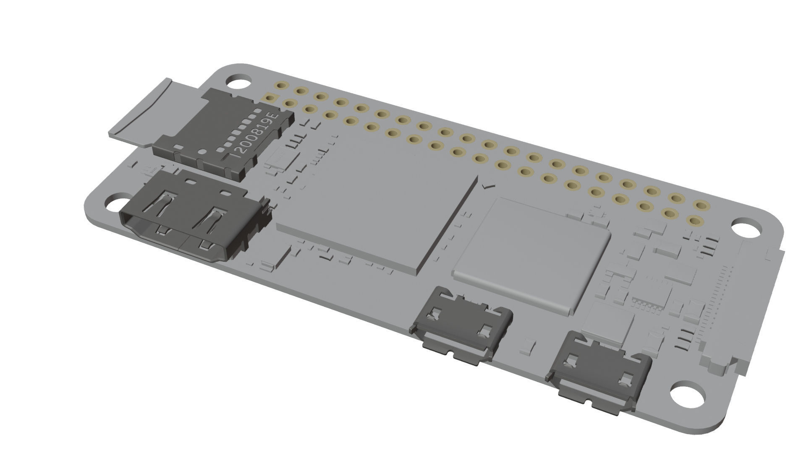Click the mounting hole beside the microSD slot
click(x=238, y=81)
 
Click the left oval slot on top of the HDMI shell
click(x=191, y=182)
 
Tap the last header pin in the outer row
click(x=701, y=205)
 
